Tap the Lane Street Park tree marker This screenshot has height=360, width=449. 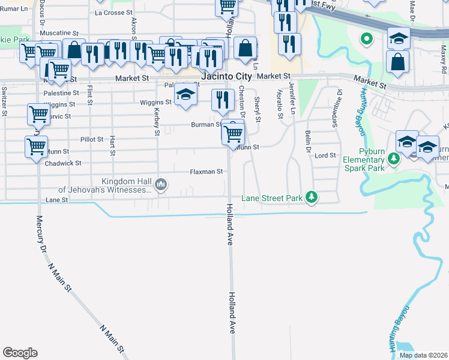[x=311, y=197]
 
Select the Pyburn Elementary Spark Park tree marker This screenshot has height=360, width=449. [x=394, y=159]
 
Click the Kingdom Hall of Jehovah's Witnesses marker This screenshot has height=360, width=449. [x=160, y=184]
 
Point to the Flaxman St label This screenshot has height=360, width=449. [x=206, y=172]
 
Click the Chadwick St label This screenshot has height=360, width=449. [x=62, y=163]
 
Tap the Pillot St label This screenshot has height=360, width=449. [x=92, y=139]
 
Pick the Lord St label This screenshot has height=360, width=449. [x=325, y=155]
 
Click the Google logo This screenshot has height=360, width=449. [x=20, y=353]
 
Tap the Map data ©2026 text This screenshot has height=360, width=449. [x=423, y=355]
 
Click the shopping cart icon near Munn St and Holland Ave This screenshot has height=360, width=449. [x=233, y=133]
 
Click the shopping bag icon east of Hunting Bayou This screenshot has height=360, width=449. [x=398, y=62]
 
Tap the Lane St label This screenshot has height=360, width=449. [x=56, y=200]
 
